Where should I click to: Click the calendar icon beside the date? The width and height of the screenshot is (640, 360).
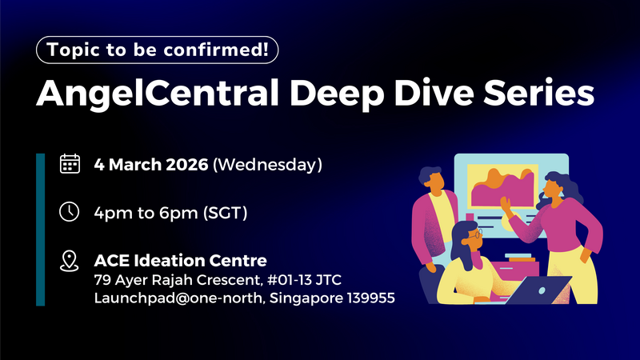[x=70, y=166]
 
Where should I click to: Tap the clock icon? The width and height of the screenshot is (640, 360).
[x=70, y=212]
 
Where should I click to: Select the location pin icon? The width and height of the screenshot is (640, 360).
[x=70, y=260]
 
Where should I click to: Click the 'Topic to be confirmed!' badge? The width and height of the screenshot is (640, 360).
[x=158, y=50]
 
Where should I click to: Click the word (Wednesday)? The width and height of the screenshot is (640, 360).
[x=269, y=166]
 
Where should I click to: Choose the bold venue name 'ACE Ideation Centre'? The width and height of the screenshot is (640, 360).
[x=180, y=260]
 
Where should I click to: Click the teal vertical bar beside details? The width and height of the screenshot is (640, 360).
[x=40, y=229]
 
